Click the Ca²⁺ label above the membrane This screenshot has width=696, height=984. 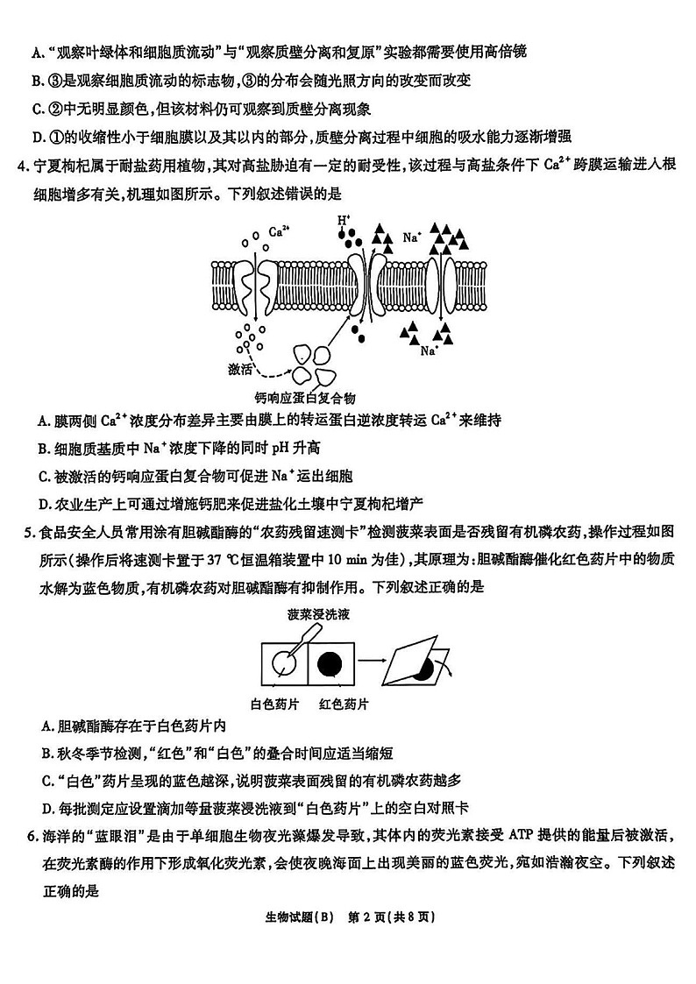coord(280,231)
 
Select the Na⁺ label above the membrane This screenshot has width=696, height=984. coord(412,237)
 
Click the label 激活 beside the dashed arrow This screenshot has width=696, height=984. coord(239,369)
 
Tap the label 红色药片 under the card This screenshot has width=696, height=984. coord(344,704)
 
